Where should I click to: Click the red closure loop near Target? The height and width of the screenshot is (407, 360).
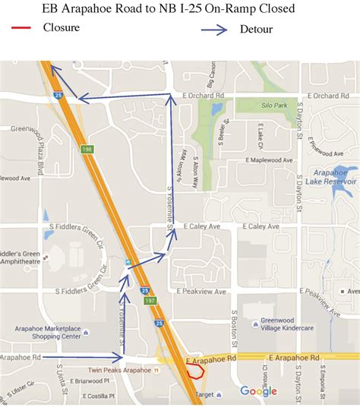[196, 371]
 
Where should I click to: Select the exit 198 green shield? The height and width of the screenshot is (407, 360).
[87, 150]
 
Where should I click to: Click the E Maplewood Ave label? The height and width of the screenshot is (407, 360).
[273, 159]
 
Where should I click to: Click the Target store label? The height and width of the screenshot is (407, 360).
[202, 395]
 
